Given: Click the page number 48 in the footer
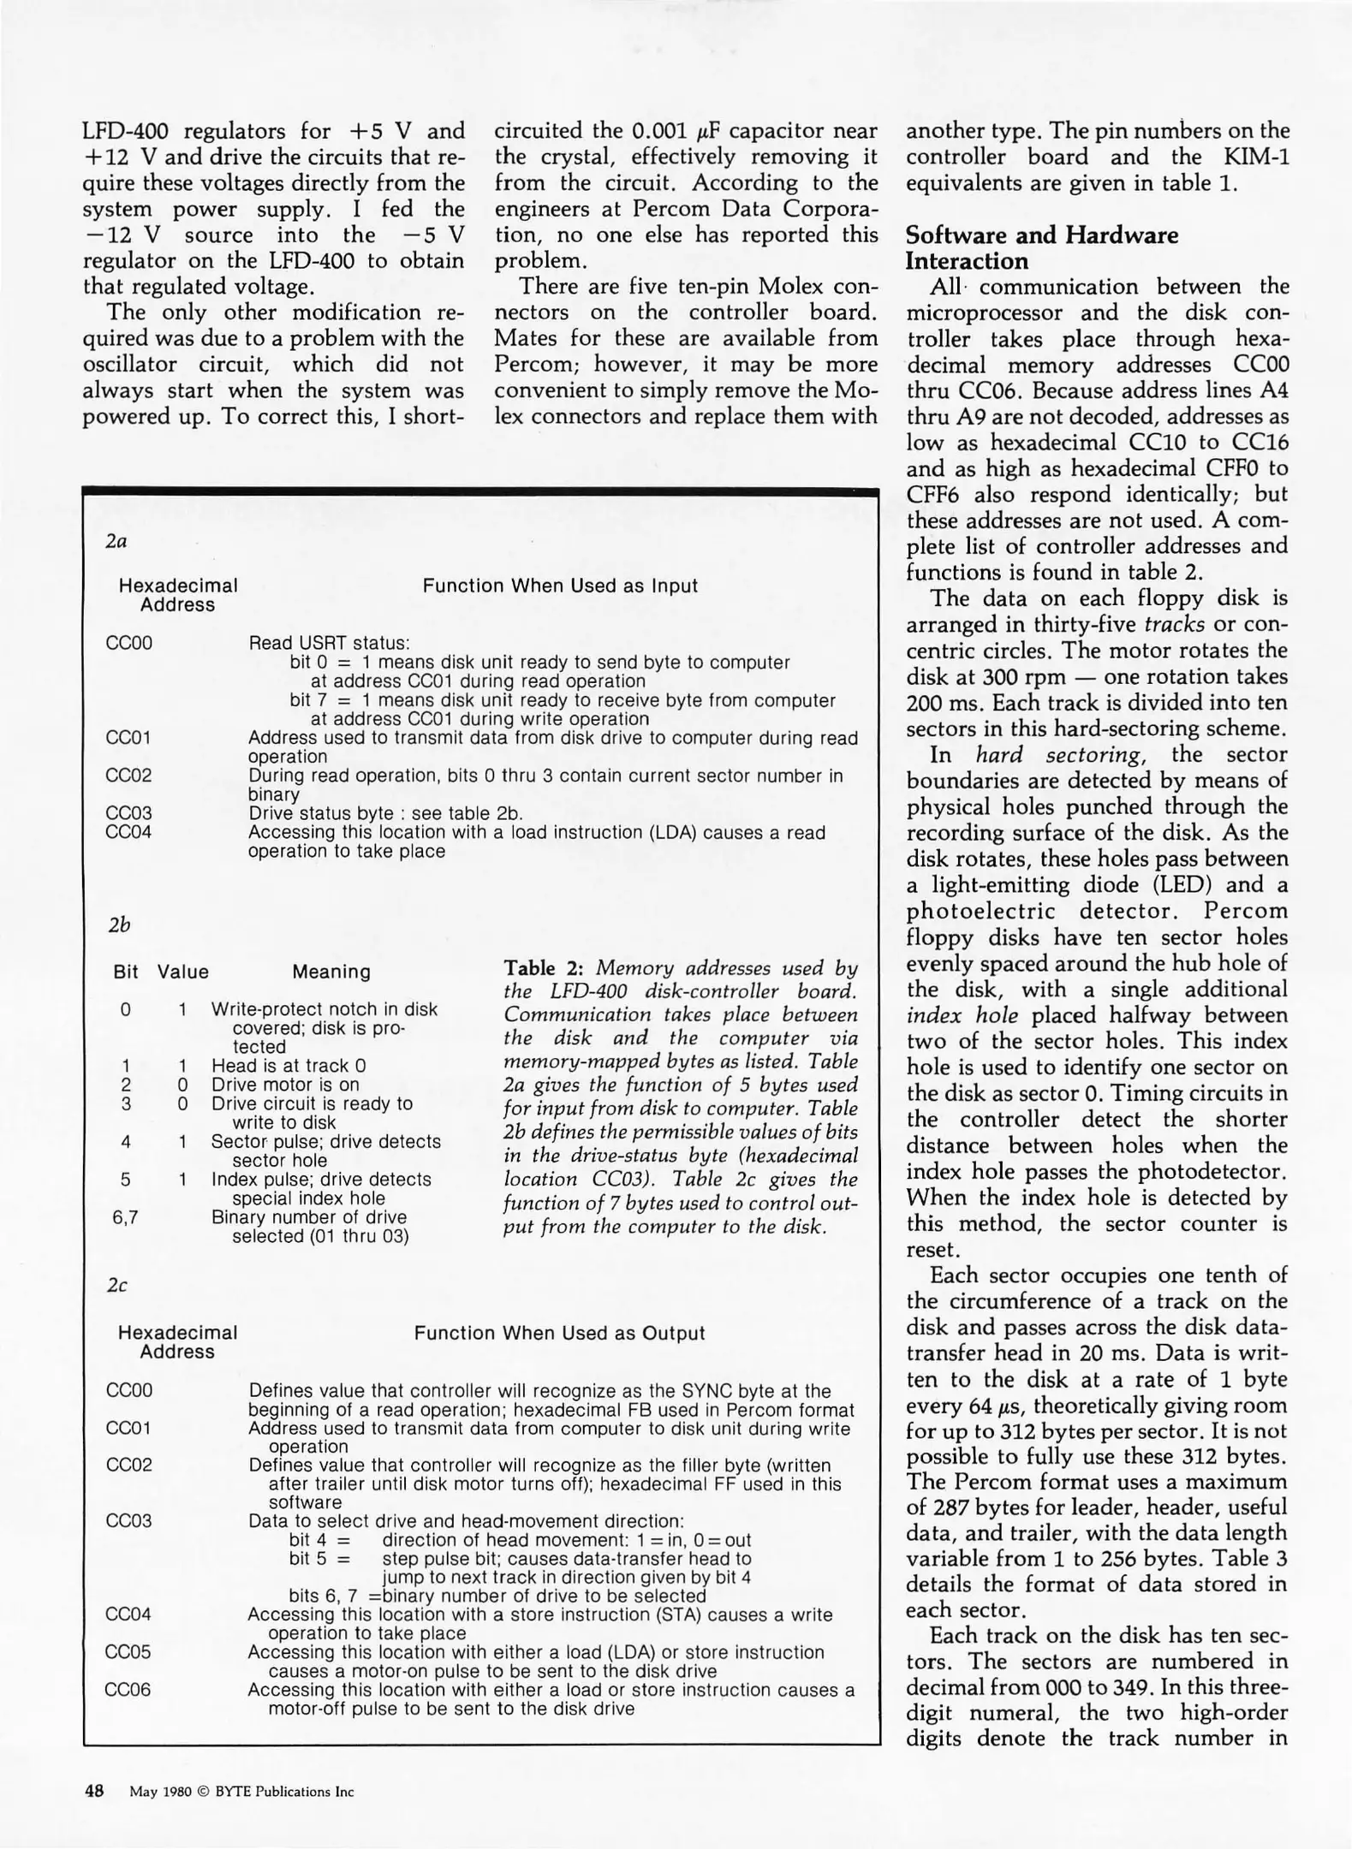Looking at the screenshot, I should pyautogui.click(x=93, y=1791).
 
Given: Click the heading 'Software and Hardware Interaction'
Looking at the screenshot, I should pyautogui.click(x=1041, y=247).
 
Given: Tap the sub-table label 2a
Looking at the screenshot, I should pyautogui.click(x=116, y=541).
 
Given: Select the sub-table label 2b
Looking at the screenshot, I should pyautogui.click(x=119, y=924).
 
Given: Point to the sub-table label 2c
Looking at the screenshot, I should pyautogui.click(x=117, y=1285).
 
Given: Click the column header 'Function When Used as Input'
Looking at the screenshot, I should pyautogui.click(x=560, y=586).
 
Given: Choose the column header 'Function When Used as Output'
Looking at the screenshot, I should pyautogui.click(x=559, y=1333).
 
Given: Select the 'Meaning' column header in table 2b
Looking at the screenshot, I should pyautogui.click(x=331, y=972).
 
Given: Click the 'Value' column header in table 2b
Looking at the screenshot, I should pyautogui.click(x=182, y=972).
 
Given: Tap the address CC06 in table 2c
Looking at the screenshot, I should pyautogui.click(x=128, y=1690).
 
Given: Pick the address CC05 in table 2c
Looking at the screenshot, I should pyautogui.click(x=128, y=1652).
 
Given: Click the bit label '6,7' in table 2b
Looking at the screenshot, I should pyautogui.click(x=126, y=1217).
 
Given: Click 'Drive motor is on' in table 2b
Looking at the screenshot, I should pyautogui.click(x=285, y=1085).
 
